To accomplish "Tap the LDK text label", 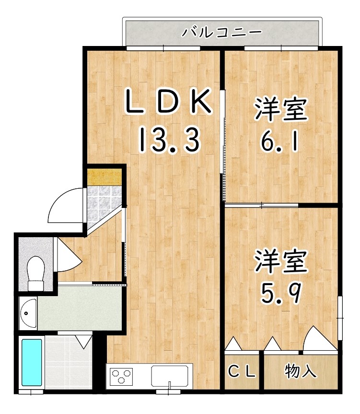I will coord(168,102).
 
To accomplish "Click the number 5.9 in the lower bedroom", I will coord(280,291).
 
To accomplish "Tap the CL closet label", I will coord(242,371).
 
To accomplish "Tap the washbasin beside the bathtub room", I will coord(29,313).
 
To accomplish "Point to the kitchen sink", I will coord(170,375).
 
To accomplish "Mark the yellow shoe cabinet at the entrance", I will coord(104,176).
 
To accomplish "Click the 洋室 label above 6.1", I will coord(280,109).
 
